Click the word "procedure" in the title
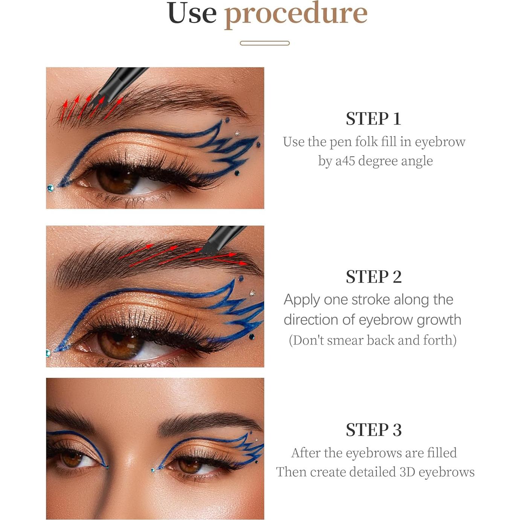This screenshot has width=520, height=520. (x=296, y=14)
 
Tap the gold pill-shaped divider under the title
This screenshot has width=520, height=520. (x=264, y=43)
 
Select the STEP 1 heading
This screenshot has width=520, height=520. (x=373, y=119)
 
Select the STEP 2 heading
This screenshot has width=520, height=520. (x=374, y=277)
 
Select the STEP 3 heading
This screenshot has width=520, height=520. (x=374, y=430)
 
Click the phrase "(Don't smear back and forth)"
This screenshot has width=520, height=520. (x=372, y=340)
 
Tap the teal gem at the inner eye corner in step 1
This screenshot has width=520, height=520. (x=50, y=188)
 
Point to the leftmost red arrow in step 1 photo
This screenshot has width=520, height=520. (x=64, y=109)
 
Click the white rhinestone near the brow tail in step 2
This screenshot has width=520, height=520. (x=252, y=293)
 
